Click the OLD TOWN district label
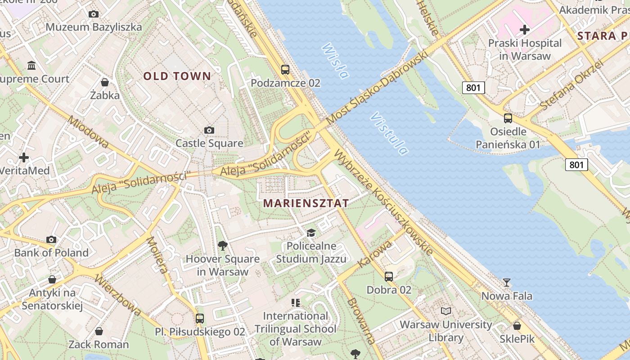tap(177, 76)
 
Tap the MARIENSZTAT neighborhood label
tap(306, 203)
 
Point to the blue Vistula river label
tap(389, 134)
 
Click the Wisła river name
tap(335, 61)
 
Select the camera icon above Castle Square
tap(209, 130)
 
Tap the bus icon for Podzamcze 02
tap(285, 70)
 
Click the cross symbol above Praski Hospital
tap(524, 30)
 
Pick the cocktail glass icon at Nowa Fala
tap(507, 282)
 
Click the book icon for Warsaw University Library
tap(445, 311)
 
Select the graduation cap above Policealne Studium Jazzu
tap(311, 233)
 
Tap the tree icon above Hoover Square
tap(222, 245)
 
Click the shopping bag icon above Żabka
tap(105, 82)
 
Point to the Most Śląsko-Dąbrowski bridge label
tap(377, 88)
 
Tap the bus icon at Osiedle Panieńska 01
tap(508, 118)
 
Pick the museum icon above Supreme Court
tap(31, 66)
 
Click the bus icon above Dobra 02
tap(389, 276)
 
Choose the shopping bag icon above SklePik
tap(517, 325)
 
